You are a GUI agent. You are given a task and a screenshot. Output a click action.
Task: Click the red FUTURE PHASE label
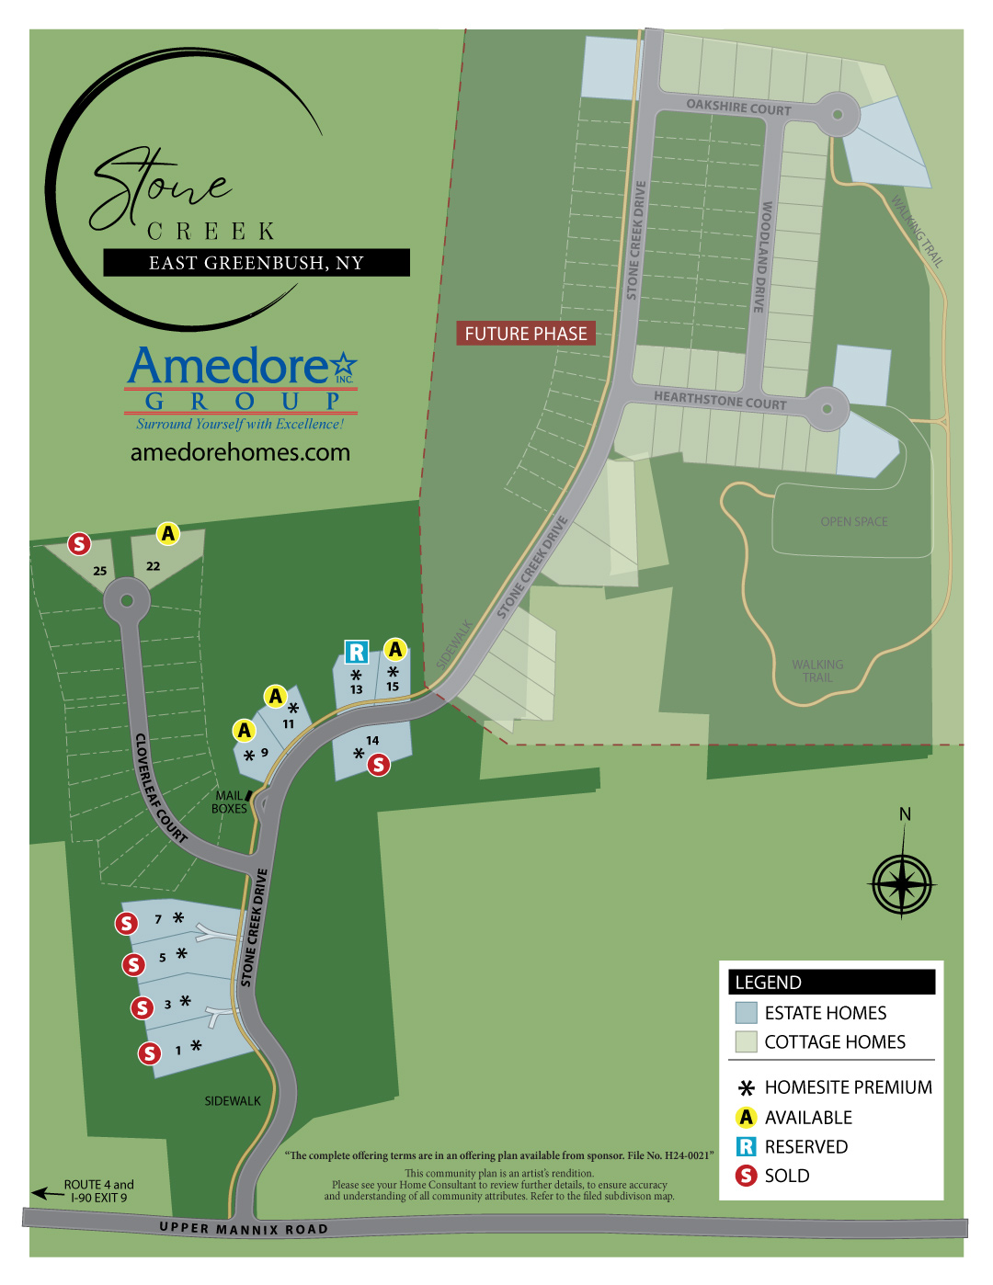(526, 334)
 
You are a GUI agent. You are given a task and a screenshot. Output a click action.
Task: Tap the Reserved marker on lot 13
(356, 653)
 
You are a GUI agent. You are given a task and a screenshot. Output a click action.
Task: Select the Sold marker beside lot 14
(378, 764)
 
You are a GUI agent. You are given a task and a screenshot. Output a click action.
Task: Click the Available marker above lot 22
(167, 533)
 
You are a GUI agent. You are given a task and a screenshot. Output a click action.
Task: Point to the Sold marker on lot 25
(80, 543)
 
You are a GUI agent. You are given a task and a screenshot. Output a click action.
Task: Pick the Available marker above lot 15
(395, 650)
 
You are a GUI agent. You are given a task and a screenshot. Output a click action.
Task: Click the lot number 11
(289, 724)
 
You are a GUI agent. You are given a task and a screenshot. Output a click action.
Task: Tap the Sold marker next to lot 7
(127, 923)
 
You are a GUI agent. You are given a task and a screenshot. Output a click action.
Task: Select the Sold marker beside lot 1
(150, 1053)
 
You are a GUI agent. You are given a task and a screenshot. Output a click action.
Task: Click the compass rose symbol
(903, 884)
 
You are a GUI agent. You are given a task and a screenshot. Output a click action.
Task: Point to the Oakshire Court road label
(738, 108)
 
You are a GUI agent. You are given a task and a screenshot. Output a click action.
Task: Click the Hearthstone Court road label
(720, 400)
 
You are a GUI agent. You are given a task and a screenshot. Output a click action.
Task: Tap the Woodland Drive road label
(762, 257)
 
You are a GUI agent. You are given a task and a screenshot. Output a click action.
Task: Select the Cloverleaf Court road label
(160, 788)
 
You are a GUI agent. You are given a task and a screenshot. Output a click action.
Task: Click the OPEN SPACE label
(854, 522)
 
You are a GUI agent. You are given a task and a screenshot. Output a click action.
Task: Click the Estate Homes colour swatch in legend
(746, 1013)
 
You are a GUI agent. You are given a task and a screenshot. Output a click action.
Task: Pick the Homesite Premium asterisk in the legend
(747, 1088)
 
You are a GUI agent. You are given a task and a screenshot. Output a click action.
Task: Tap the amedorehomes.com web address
(240, 452)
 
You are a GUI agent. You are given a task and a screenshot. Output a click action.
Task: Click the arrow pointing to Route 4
(47, 1193)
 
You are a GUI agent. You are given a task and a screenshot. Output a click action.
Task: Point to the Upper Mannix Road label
(243, 1229)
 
